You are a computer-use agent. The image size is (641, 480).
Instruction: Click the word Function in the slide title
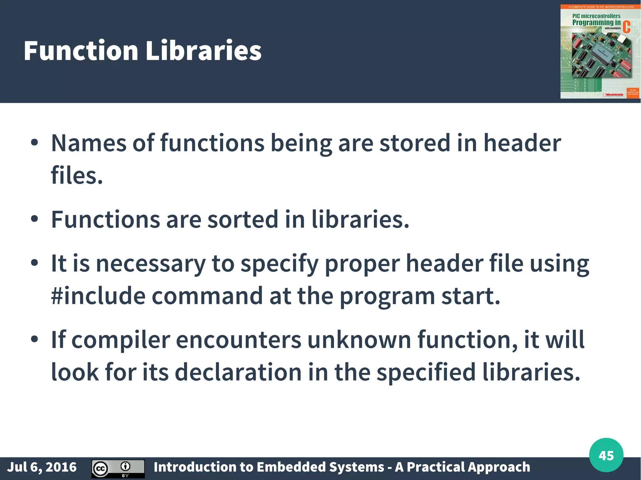pyautogui.click(x=81, y=51)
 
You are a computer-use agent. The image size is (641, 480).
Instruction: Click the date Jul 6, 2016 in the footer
pyautogui.click(x=42, y=467)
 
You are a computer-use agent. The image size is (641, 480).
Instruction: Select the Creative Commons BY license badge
pyautogui.click(x=118, y=468)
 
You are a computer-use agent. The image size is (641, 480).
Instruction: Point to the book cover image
pyautogui.click(x=600, y=52)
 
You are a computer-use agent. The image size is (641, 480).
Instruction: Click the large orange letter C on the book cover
pyautogui.click(x=626, y=27)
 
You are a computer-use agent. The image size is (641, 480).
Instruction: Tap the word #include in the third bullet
pyautogui.click(x=98, y=296)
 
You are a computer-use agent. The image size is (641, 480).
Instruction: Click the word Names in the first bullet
pyautogui.click(x=89, y=143)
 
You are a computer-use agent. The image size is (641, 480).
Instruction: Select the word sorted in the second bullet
pyautogui.click(x=243, y=219)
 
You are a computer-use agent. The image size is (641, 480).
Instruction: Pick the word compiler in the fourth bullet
pyautogui.click(x=121, y=340)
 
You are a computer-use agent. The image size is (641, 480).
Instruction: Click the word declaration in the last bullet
pyautogui.click(x=238, y=372)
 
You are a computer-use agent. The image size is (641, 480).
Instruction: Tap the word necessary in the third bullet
pyautogui.click(x=151, y=263)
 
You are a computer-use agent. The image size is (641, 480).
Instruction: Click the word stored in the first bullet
pyautogui.click(x=415, y=143)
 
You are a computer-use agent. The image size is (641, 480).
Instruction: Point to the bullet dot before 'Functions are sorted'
pyautogui.click(x=34, y=219)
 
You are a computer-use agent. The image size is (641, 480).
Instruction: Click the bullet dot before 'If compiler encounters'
pyautogui.click(x=34, y=339)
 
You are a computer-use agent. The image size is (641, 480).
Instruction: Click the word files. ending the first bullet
pyautogui.click(x=77, y=175)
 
